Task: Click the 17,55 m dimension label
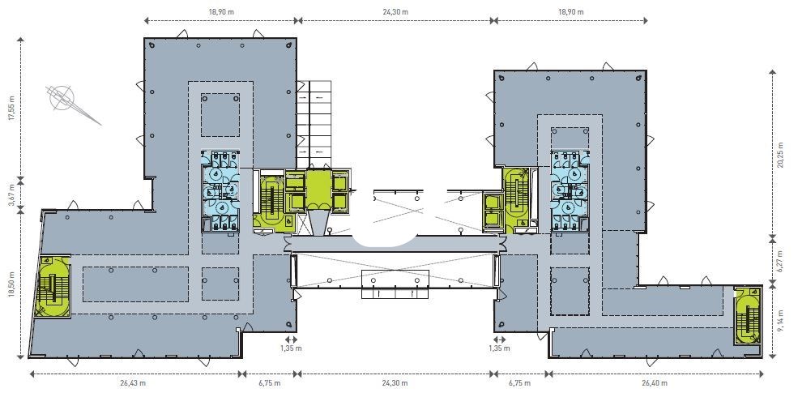11,109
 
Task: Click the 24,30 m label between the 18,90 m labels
395,11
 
